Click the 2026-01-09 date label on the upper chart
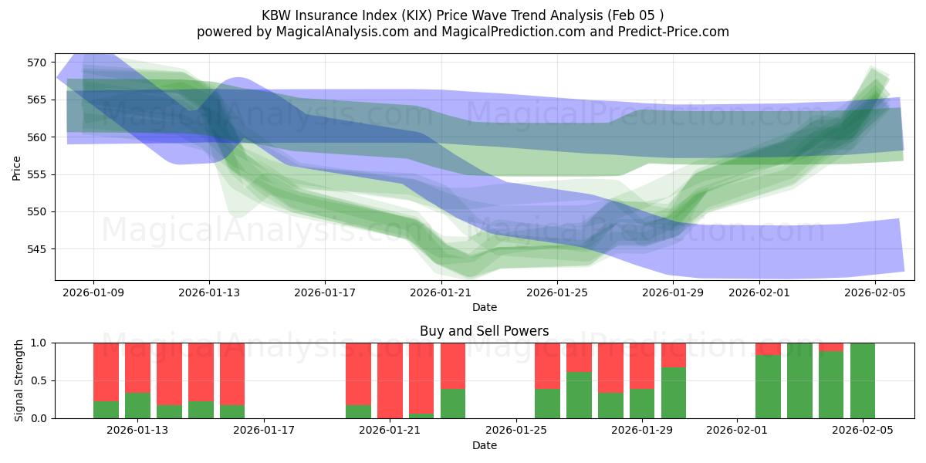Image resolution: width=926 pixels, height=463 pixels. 93,293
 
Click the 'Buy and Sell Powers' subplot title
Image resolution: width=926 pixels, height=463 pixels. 484,331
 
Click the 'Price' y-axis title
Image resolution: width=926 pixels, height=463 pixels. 17,167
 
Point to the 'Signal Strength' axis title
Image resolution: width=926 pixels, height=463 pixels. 19,380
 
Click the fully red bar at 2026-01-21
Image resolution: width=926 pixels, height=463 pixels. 390,380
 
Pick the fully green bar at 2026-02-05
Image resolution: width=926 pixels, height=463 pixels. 862,380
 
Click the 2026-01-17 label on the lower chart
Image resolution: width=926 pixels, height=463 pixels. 264,431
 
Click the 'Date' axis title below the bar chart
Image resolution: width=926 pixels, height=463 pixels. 484,445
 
